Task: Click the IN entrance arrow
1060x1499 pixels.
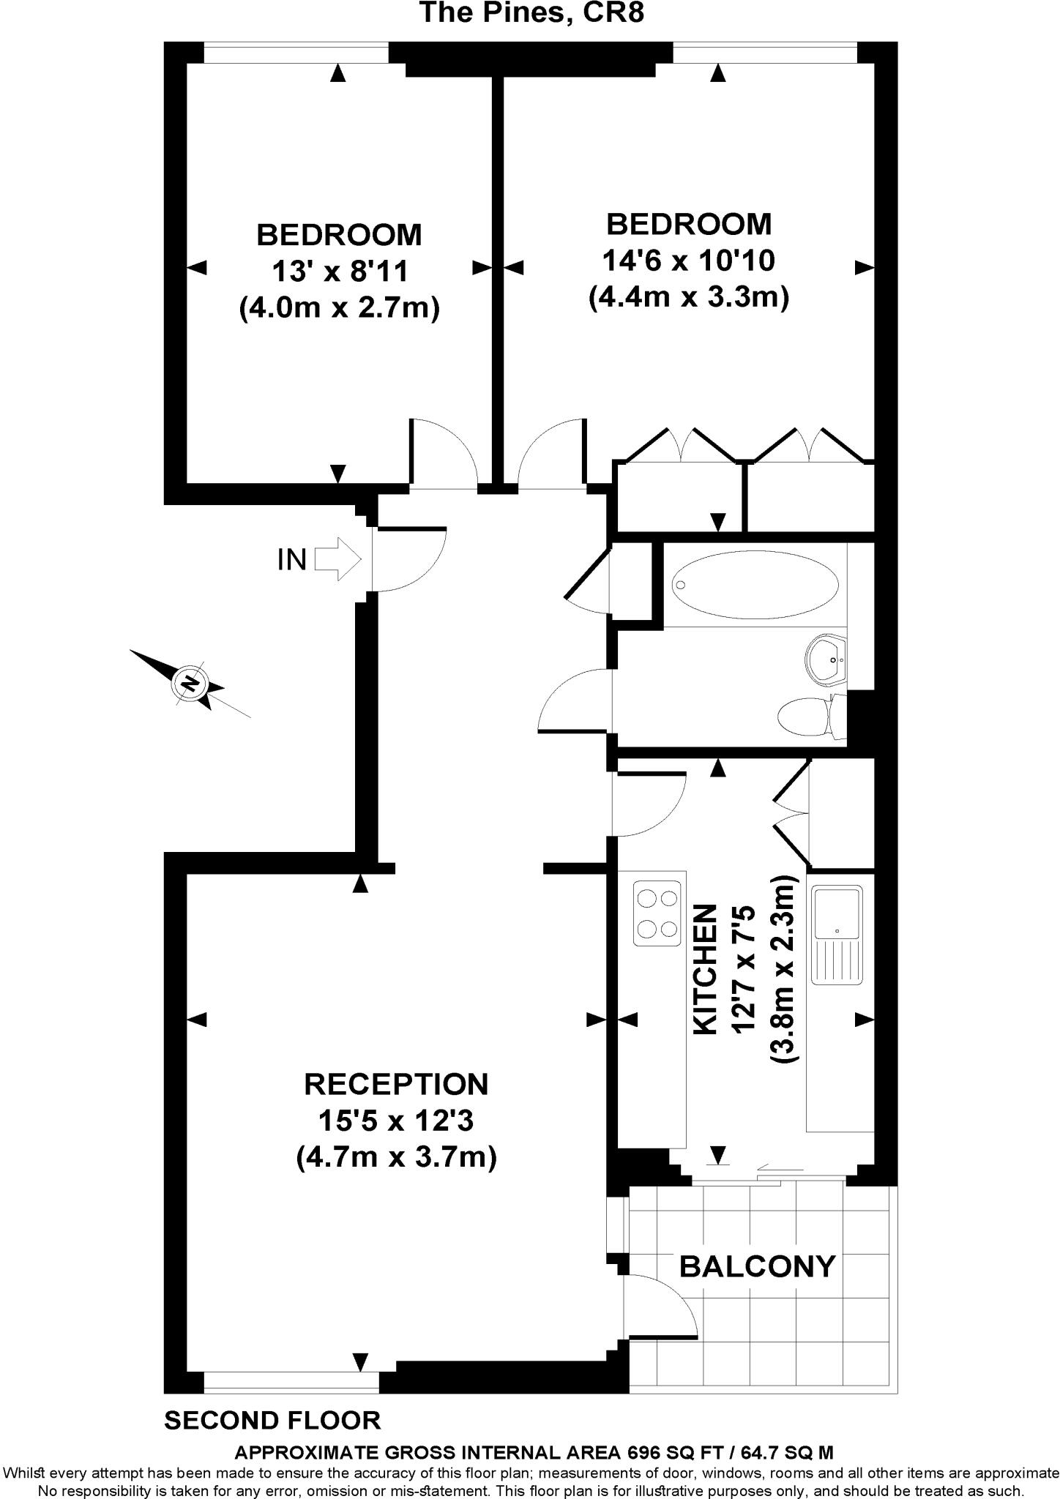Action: (338, 560)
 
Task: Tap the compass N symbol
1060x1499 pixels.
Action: (190, 684)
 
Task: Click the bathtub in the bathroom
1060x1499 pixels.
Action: (755, 584)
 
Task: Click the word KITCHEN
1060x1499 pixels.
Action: (705, 970)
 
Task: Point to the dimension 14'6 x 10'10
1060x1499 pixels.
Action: (689, 260)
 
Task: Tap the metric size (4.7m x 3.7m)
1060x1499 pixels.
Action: (397, 1158)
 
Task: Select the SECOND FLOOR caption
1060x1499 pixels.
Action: (273, 1421)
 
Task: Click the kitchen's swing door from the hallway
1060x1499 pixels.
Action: (648, 803)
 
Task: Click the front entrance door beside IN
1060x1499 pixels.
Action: (409, 558)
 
